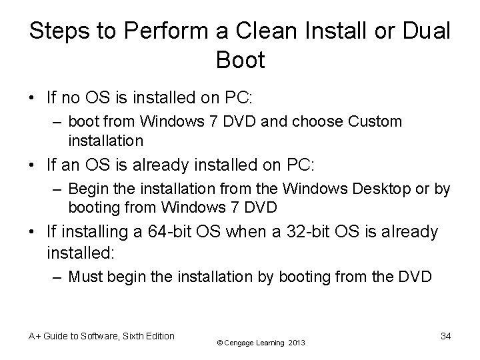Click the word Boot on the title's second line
pos(240,60)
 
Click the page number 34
pos(445,336)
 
